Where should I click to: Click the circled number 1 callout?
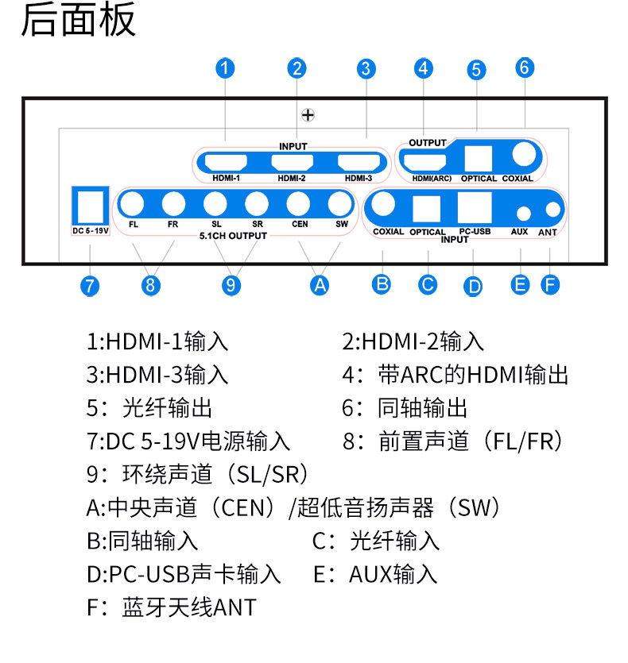coord(225,68)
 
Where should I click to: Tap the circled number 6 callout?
coord(525,67)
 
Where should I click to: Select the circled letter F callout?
coord(550,284)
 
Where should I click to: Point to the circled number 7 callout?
coord(90,287)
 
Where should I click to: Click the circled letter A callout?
coord(320,285)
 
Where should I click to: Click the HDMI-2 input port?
coord(293,162)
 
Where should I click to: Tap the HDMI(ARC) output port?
coord(425,162)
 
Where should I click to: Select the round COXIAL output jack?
coord(524,154)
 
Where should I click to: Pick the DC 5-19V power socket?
coord(90,206)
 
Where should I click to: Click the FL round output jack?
coord(133,204)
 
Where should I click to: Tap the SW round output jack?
coord(340,204)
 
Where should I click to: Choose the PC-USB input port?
coord(475,207)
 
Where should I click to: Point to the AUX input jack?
coord(523,214)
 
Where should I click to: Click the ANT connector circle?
coord(553,210)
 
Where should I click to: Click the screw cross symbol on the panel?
coord(308,115)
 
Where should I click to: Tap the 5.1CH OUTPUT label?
coord(234,236)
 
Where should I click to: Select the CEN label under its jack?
coord(300,224)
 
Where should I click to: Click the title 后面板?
coord(79,19)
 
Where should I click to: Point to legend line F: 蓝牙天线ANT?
coord(172,607)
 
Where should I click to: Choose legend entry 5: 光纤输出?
coord(149,408)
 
